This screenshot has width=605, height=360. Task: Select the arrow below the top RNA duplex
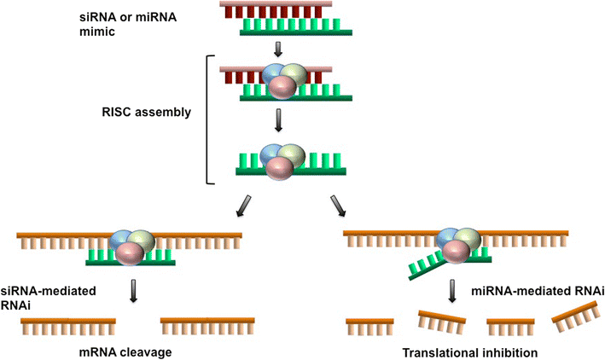(290, 48)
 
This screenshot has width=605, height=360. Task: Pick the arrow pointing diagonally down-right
(337, 206)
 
